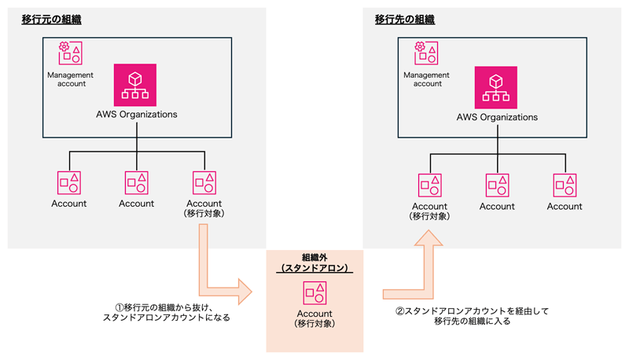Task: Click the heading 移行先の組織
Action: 405,18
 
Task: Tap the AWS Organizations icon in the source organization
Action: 137,84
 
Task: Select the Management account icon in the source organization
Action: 69,53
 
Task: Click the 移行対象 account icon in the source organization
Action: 205,182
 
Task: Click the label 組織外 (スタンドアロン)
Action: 315,263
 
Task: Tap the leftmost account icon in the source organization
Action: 69,182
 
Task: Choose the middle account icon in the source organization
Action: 137,182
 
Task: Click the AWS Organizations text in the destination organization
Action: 497,117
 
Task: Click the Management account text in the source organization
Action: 71,79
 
